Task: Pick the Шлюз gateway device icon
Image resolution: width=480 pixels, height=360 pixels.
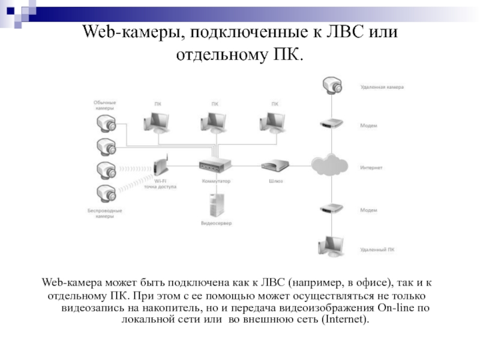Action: (x=277, y=166)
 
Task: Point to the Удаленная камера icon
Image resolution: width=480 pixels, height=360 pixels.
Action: (x=331, y=85)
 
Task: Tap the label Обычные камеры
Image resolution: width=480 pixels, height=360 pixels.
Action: (x=104, y=106)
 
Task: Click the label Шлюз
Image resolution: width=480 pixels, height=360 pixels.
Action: (x=277, y=181)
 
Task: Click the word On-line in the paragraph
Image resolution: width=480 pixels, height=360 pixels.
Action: (x=397, y=308)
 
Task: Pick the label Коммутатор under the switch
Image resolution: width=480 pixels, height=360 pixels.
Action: (x=216, y=181)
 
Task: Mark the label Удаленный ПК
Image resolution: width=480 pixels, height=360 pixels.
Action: (x=377, y=249)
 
